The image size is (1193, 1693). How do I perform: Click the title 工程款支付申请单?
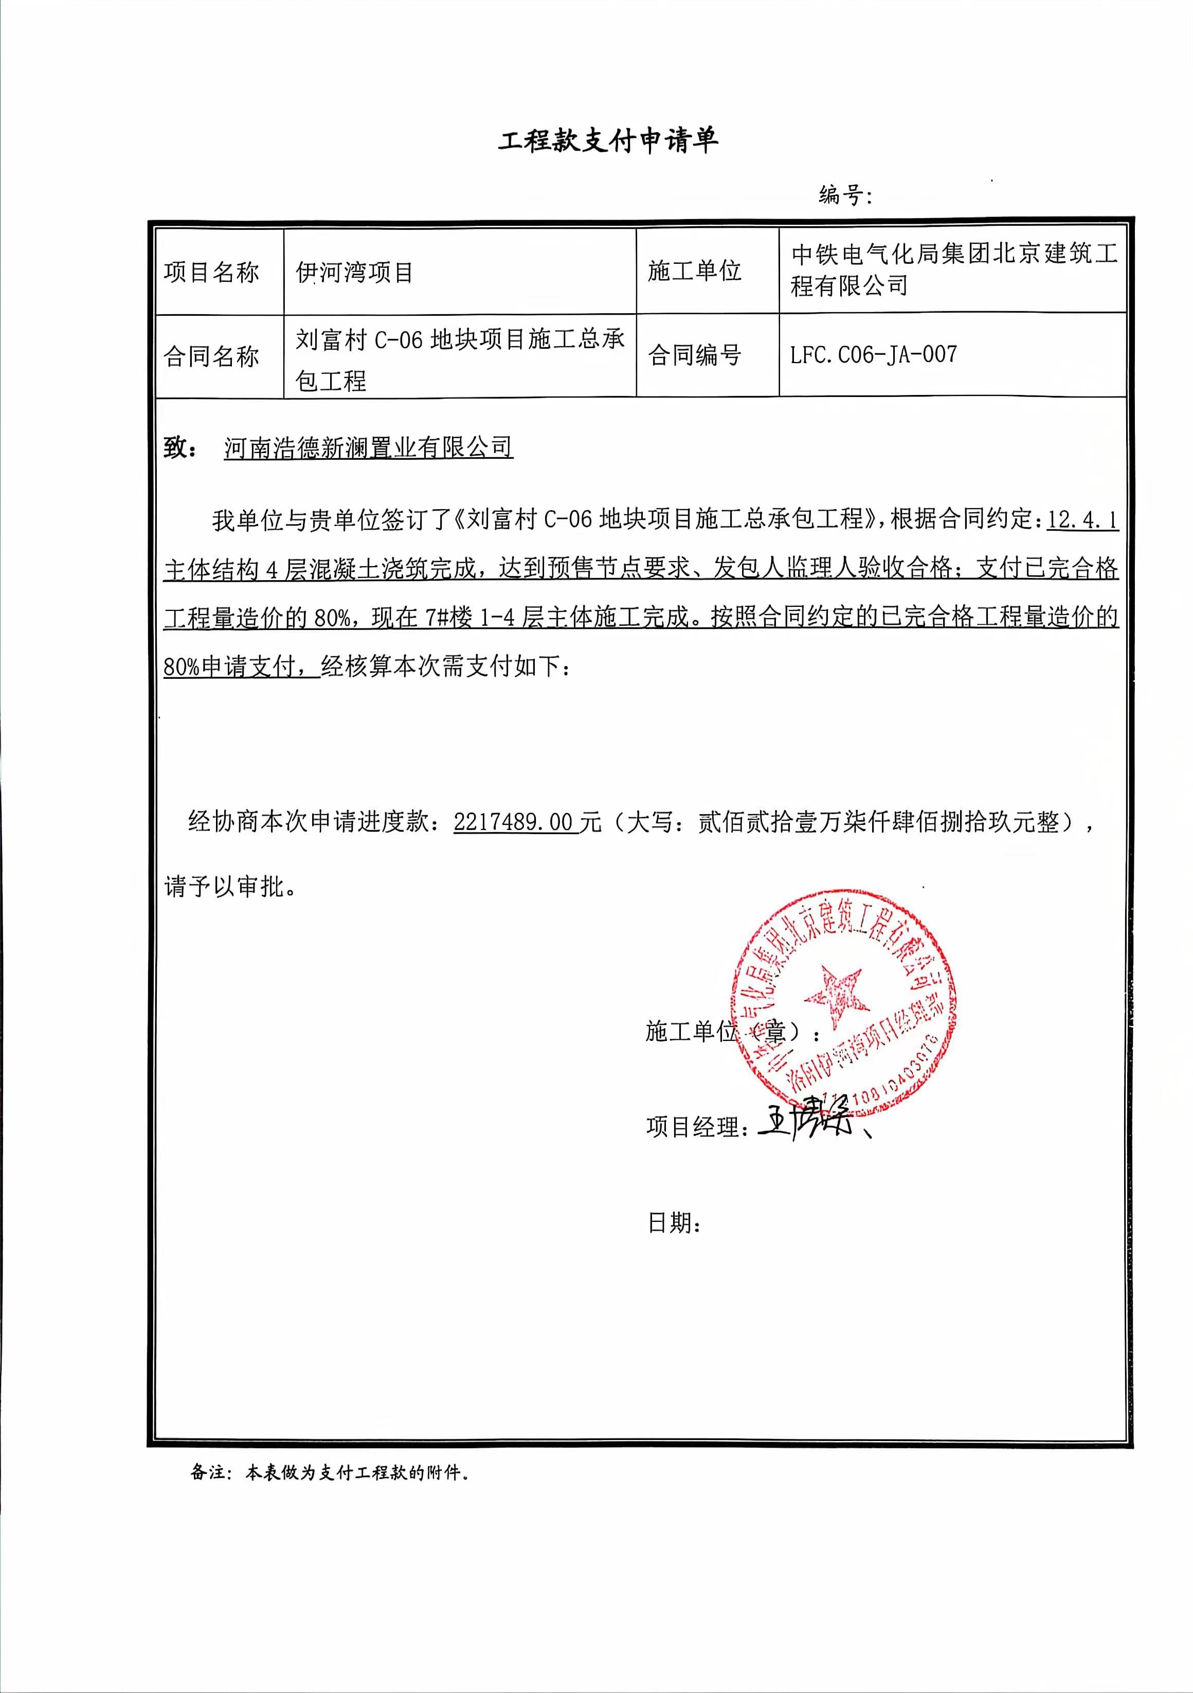point(608,140)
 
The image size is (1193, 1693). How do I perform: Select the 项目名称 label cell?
point(212,272)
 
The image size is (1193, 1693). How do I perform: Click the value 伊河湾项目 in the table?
point(354,272)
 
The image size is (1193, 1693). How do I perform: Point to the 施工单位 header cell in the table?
point(694,271)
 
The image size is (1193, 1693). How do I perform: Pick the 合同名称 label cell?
point(212,357)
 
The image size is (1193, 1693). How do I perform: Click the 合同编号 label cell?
point(694,355)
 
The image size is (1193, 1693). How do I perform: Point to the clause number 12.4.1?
point(1081,520)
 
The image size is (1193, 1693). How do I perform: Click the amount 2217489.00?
point(513,821)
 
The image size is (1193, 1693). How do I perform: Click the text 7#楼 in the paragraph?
point(448,617)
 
